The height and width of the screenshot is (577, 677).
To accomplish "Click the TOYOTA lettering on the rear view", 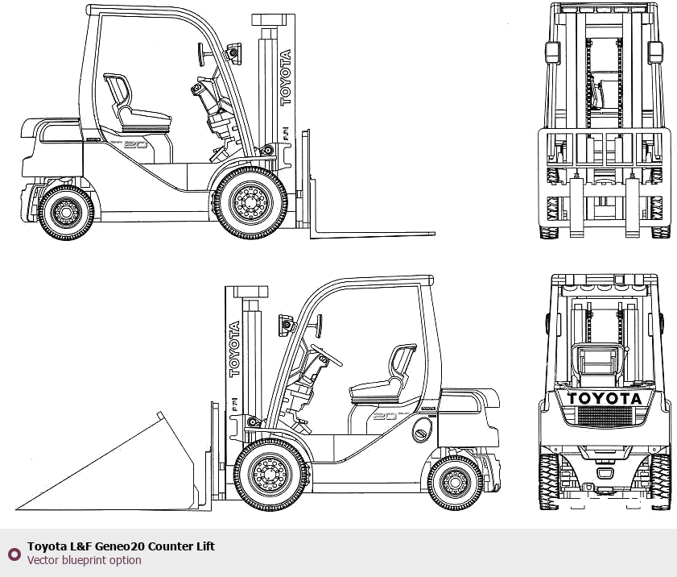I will point(605,398).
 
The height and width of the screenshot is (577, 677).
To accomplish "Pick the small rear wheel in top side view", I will point(65,213).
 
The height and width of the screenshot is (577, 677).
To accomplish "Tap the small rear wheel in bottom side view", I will point(456,483).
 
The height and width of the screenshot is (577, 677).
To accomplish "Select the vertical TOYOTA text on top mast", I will point(285,77).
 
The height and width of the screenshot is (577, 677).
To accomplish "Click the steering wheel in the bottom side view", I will point(325,355).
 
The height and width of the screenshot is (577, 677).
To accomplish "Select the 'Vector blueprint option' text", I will point(85,560).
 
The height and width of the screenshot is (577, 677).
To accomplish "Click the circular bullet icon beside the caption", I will point(14,554).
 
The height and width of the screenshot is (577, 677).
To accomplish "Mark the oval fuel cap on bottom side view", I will point(420,434).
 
